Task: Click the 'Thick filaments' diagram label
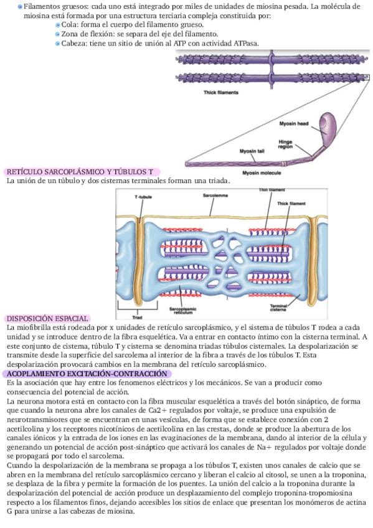221,92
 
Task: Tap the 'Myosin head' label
293,123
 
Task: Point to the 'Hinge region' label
285,144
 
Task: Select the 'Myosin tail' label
252,151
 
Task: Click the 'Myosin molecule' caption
262,172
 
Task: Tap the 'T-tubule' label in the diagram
143,197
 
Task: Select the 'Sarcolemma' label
215,196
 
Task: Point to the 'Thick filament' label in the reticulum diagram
291,204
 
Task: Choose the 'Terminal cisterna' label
278,308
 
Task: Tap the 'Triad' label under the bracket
138,317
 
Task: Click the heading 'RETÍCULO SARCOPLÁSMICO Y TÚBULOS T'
80,172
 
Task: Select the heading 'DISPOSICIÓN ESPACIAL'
47,319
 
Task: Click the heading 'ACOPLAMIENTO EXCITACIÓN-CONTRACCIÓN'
87,374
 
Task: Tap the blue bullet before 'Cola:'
58,25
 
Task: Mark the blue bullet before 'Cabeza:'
58,44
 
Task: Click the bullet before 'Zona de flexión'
58,34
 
